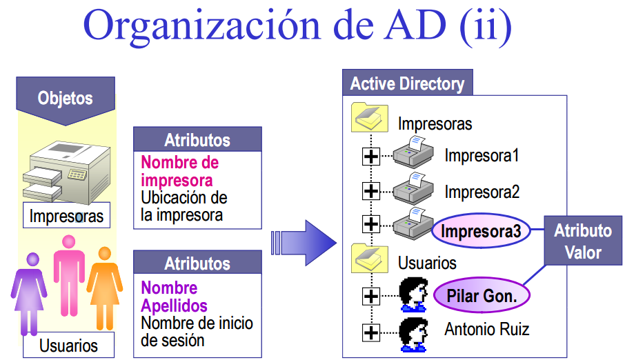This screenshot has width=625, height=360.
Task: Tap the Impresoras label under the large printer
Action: click(66, 216)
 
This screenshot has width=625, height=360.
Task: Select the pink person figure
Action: click(68, 276)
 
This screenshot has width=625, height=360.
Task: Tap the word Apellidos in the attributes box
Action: click(174, 305)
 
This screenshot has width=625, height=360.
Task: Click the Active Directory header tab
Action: click(407, 84)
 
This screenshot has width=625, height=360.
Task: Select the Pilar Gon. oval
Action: click(482, 297)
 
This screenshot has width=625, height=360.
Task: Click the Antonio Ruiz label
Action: click(487, 329)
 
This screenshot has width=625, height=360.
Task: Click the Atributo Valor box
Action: click(583, 241)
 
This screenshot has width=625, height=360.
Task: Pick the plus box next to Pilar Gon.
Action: click(371, 297)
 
